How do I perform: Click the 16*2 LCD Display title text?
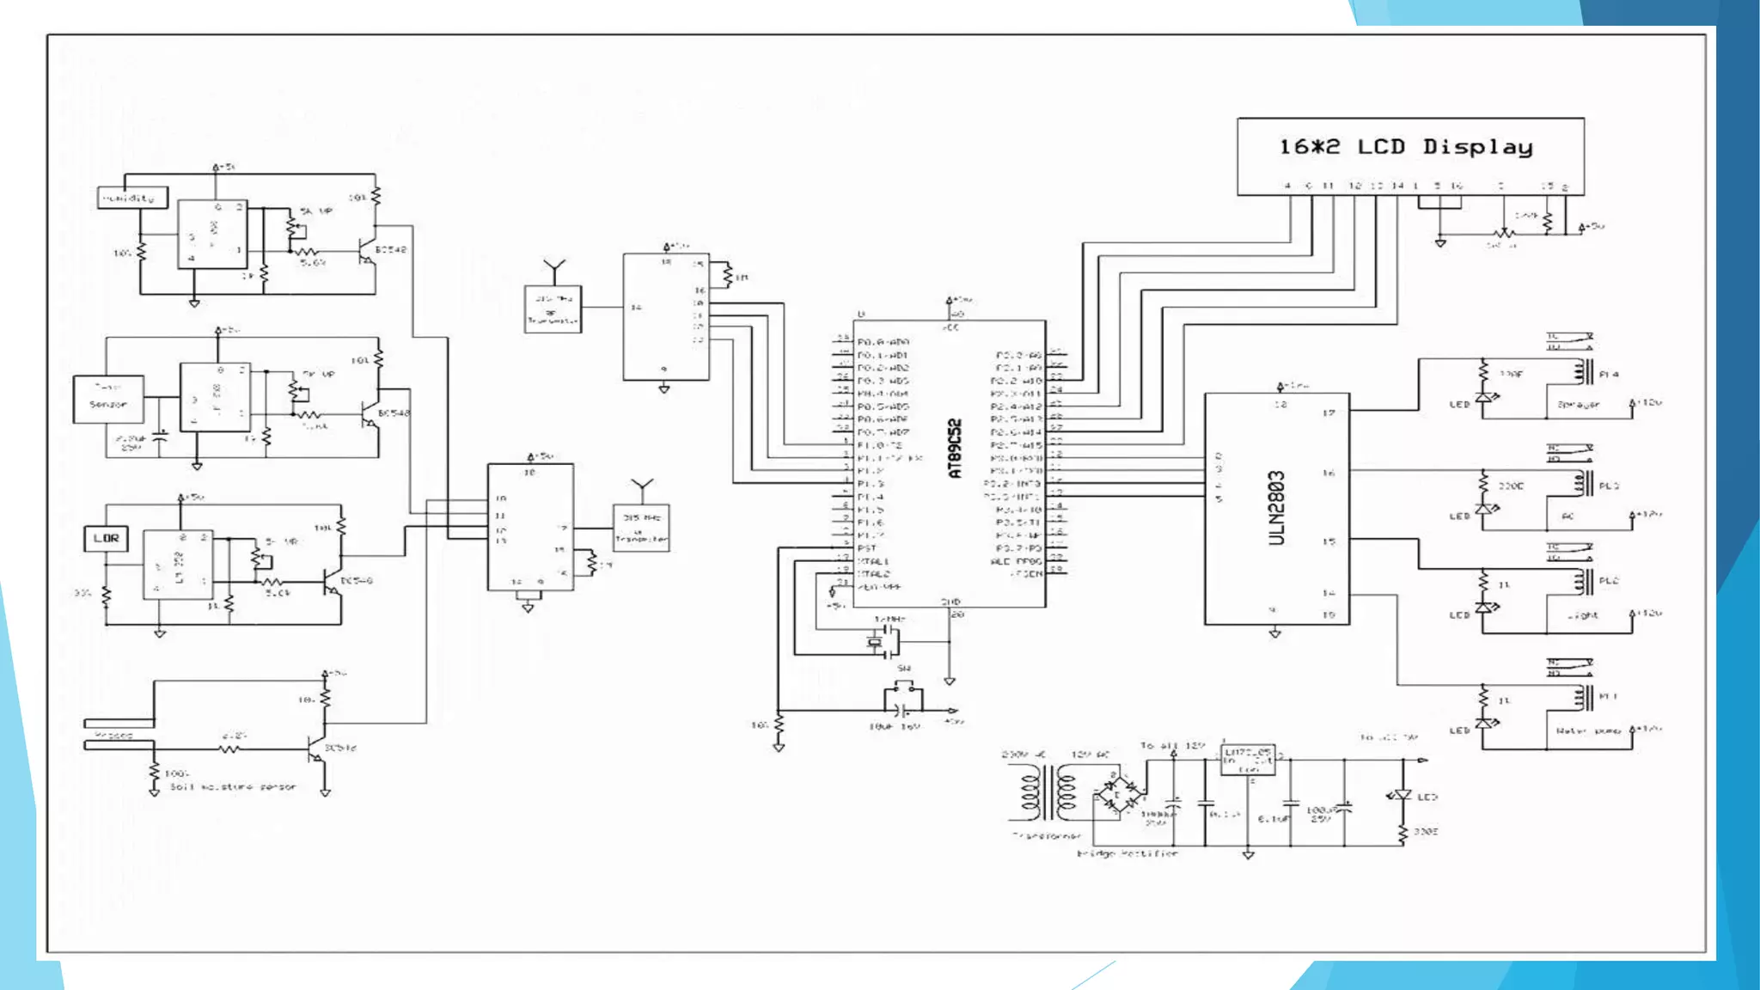click(1405, 147)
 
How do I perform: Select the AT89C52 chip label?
click(955, 449)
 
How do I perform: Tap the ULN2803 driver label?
click(1277, 508)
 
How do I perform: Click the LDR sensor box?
click(106, 538)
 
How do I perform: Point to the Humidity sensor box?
click(131, 198)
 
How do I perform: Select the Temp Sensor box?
click(108, 398)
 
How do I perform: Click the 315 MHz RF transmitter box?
click(641, 528)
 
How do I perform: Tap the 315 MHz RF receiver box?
click(553, 309)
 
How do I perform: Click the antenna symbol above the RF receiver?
click(554, 269)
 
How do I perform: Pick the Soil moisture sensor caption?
click(232, 786)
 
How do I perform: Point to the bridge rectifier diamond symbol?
click(1118, 795)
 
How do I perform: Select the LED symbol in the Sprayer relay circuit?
click(1484, 398)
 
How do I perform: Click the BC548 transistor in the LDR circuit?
click(332, 583)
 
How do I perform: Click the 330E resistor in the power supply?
click(1402, 833)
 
